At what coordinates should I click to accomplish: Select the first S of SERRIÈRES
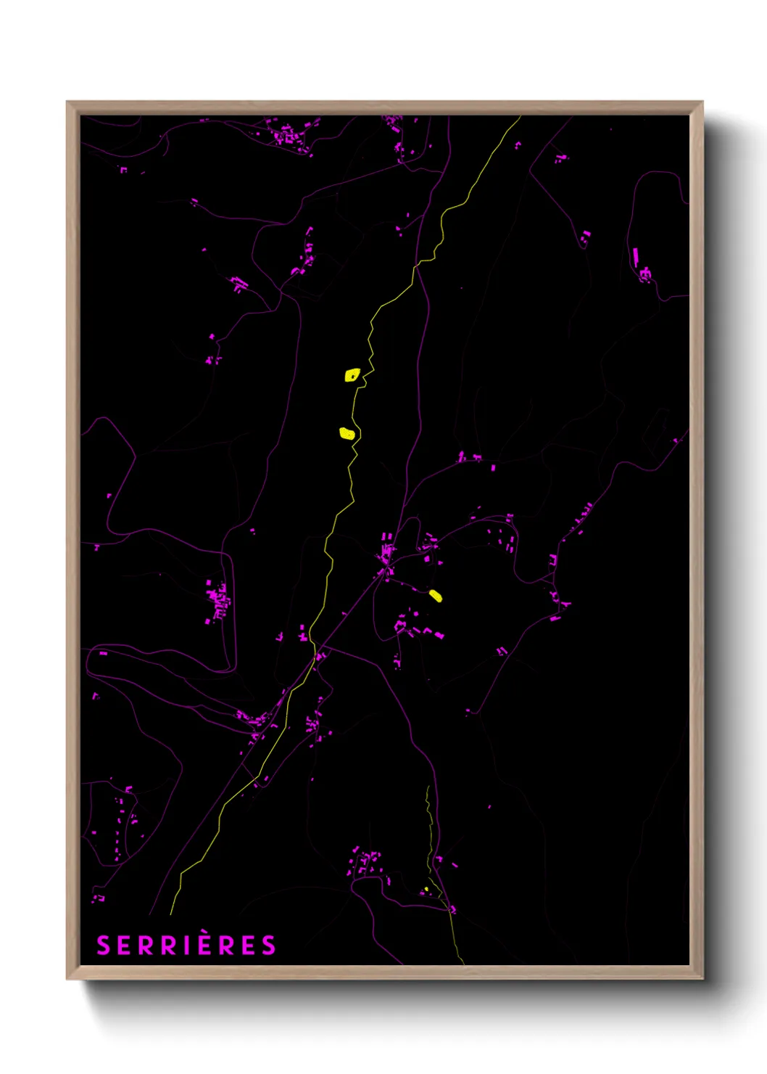(104, 946)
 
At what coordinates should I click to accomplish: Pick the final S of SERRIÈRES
(269, 946)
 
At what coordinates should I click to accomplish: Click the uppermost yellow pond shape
(352, 375)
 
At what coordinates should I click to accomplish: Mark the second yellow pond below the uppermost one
(347, 434)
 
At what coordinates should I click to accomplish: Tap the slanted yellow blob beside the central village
(435, 596)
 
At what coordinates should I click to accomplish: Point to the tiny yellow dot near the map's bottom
(426, 889)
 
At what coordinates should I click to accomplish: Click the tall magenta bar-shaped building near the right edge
(636, 255)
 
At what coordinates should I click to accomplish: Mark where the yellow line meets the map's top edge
(520, 117)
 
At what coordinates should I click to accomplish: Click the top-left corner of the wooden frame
(67, 102)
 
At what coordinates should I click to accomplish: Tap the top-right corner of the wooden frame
(702, 102)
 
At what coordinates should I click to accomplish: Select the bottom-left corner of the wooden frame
(67, 978)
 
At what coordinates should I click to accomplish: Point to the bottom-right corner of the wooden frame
(702, 978)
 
